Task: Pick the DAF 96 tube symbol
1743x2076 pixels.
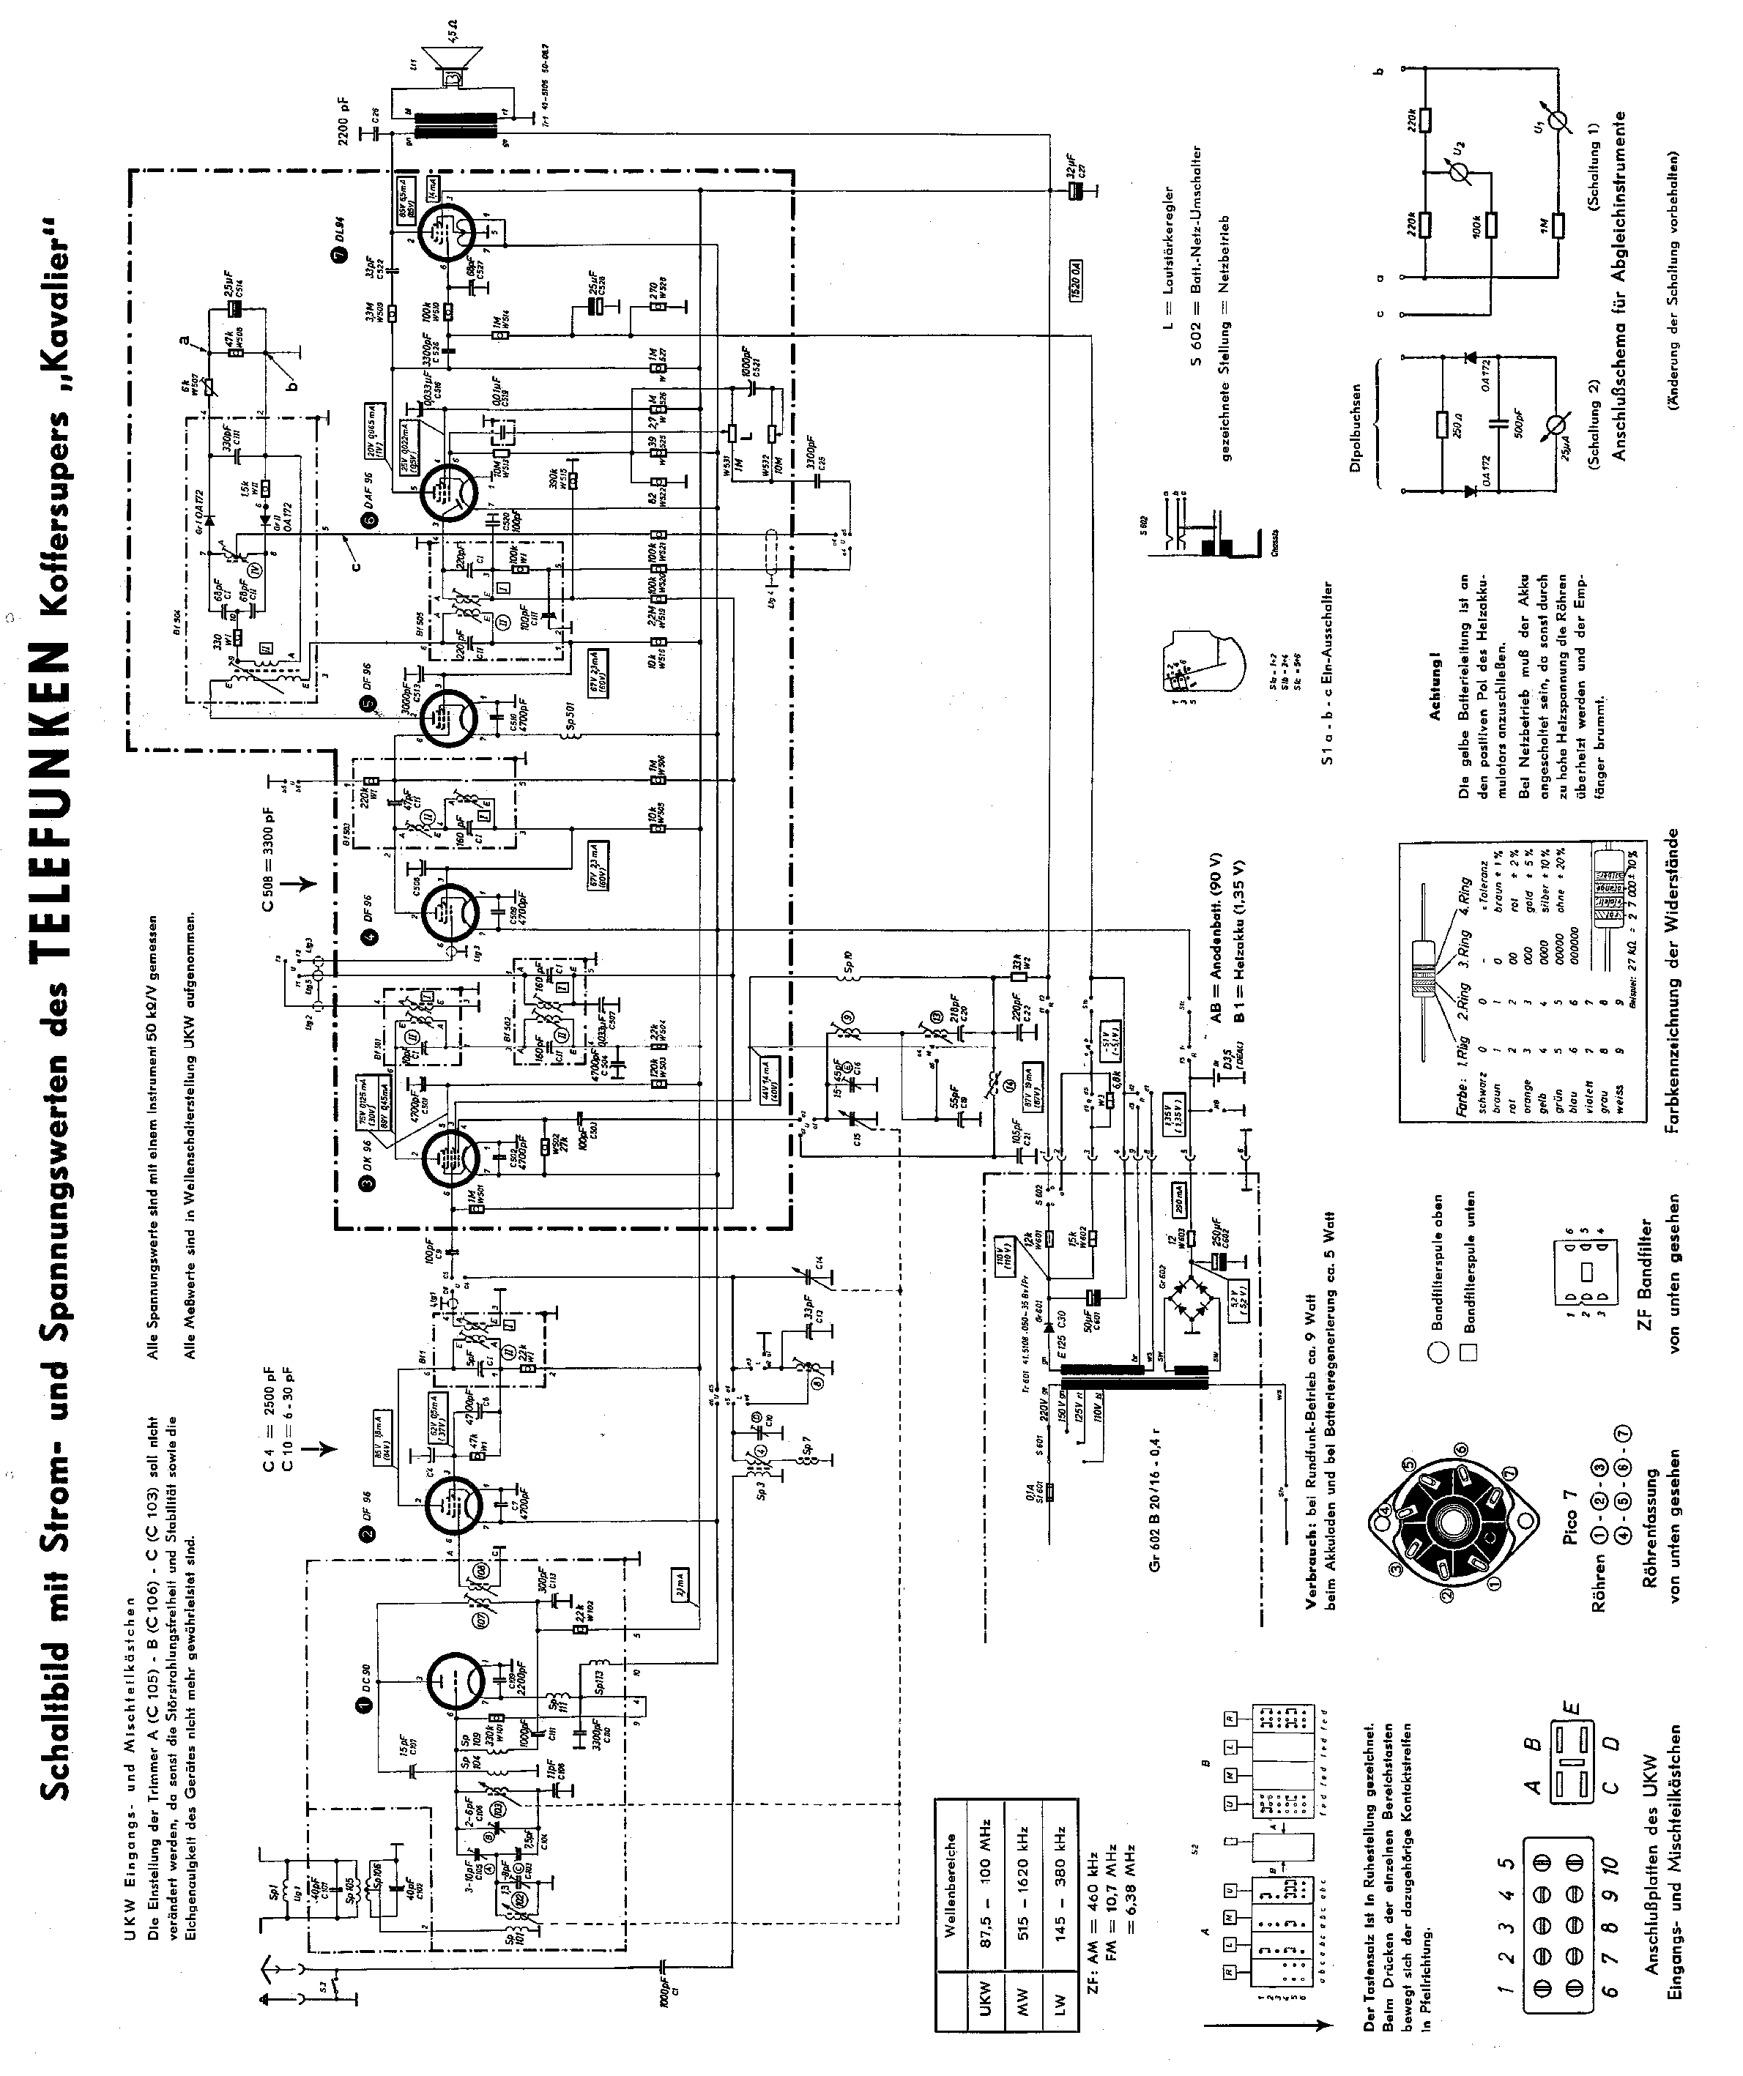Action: coord(444,489)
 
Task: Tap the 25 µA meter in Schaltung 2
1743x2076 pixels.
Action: coord(1558,425)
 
